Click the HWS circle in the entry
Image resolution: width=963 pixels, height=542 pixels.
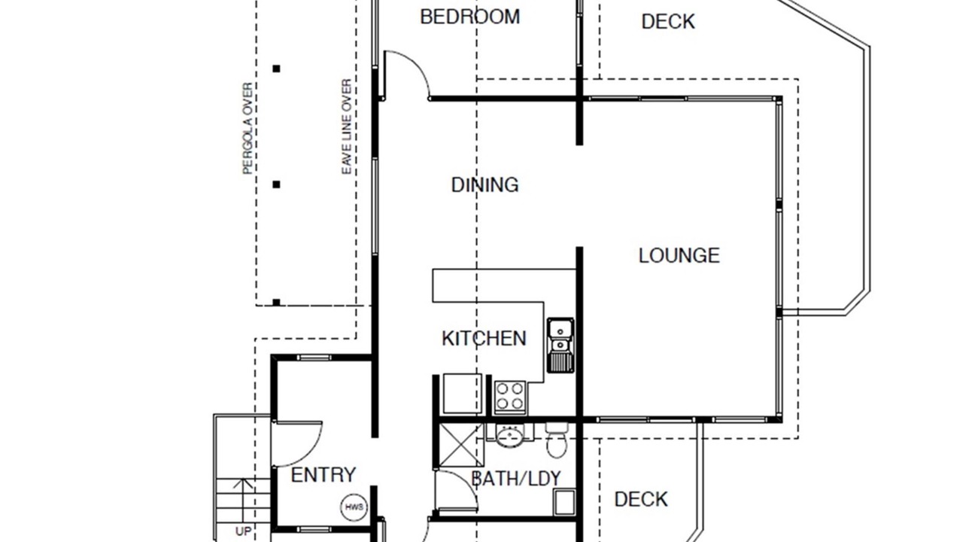pos(354,507)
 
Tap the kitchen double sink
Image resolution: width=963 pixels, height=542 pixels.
pos(560,345)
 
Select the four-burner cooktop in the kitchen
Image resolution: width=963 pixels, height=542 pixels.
pos(510,397)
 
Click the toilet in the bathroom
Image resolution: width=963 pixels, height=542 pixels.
pos(557,440)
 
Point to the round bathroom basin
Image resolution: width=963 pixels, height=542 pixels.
pos(510,435)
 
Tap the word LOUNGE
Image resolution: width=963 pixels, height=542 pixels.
pos(679,255)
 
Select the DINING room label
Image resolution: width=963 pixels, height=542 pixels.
pos(485,185)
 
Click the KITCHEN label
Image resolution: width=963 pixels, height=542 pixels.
pos(484,339)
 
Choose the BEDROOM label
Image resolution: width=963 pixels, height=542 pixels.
pos(470,17)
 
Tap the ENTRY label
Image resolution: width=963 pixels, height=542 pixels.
pos(324,475)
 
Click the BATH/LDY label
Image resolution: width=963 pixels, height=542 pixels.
pos(516,478)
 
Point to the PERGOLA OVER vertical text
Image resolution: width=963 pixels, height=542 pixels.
pos(248,128)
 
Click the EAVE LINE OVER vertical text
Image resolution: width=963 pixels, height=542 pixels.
pos(347,126)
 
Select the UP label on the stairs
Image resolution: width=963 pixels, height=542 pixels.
pos(243,531)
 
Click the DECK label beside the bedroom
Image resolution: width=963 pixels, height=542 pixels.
pos(668,22)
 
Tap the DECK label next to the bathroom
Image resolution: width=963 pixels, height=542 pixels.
pos(641,499)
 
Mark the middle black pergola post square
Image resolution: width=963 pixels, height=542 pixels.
pos(276,184)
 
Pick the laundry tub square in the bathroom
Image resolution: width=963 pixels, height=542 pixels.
pos(564,502)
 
